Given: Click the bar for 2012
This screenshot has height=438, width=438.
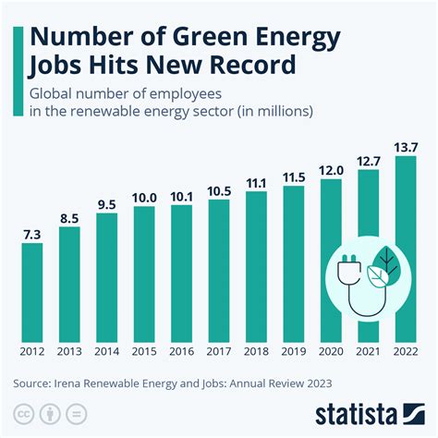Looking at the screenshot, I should [x=31, y=291].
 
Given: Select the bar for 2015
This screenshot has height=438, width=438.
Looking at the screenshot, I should [x=144, y=273].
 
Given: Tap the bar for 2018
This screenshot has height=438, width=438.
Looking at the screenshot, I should [x=256, y=265].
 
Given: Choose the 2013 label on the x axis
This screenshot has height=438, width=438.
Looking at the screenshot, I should [x=69, y=351].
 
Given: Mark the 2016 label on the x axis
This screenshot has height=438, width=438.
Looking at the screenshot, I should [x=181, y=351].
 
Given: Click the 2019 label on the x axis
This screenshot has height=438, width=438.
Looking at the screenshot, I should [x=294, y=351].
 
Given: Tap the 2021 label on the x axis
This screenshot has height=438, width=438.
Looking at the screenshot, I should [x=369, y=351].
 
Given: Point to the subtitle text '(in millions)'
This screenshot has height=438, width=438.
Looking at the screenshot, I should [x=276, y=112].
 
